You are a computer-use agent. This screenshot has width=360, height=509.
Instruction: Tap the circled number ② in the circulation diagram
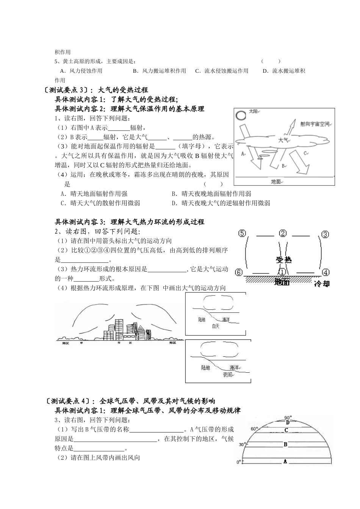(x=282, y=234)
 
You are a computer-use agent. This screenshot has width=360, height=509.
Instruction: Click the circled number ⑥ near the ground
(x=238, y=272)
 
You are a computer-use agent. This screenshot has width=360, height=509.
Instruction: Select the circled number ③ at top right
(x=325, y=234)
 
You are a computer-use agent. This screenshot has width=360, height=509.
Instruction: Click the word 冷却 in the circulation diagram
(x=322, y=283)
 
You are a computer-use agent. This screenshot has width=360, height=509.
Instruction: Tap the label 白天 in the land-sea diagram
(x=216, y=326)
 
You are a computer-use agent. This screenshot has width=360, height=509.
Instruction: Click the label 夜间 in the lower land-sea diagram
(x=227, y=375)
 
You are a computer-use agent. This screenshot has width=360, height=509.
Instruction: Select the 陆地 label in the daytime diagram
(x=202, y=320)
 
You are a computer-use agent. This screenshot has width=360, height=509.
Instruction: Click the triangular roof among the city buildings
(x=141, y=328)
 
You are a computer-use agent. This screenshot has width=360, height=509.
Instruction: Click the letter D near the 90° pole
(x=288, y=422)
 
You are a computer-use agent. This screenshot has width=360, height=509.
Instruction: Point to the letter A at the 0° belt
(x=285, y=461)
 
